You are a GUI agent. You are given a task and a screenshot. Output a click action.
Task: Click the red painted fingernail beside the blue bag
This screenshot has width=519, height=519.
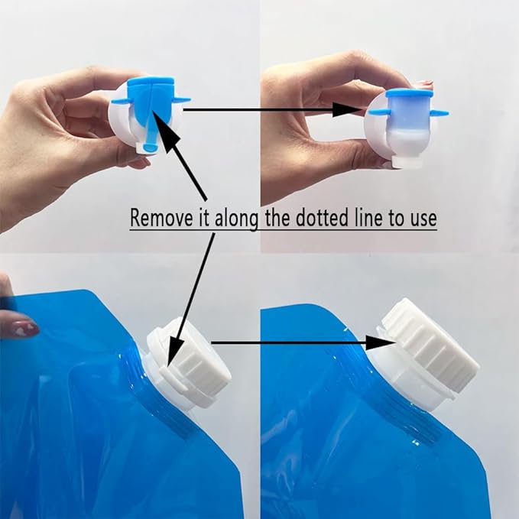tap(24, 329)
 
